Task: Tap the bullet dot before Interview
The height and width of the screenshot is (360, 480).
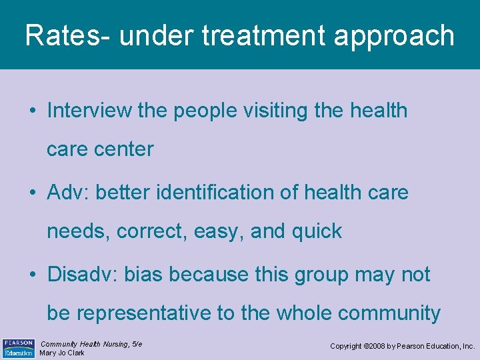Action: (x=32, y=111)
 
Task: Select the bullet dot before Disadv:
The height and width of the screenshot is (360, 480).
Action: (x=32, y=275)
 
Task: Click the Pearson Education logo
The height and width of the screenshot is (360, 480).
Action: (x=18, y=348)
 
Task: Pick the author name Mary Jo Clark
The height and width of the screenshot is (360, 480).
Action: (x=62, y=353)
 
